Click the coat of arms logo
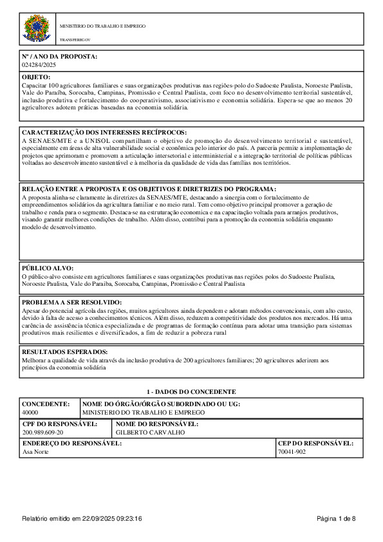pos(35,29)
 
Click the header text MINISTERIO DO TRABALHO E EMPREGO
pos(102,26)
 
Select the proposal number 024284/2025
pos(39,65)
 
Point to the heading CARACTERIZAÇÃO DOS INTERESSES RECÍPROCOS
pos(104,132)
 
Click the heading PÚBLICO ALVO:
pos(48,268)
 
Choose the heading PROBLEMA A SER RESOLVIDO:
pos(71,302)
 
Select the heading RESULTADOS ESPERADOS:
pos(64,352)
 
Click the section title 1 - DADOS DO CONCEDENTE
pos(191,391)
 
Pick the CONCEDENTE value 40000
pos(30,411)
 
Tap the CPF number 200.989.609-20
pos(43,433)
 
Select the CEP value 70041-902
pos(292,452)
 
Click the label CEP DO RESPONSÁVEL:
pos(315,444)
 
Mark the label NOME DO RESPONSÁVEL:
pos(156,424)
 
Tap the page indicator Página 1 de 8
pos(336,518)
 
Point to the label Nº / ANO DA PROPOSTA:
pos(59,57)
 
